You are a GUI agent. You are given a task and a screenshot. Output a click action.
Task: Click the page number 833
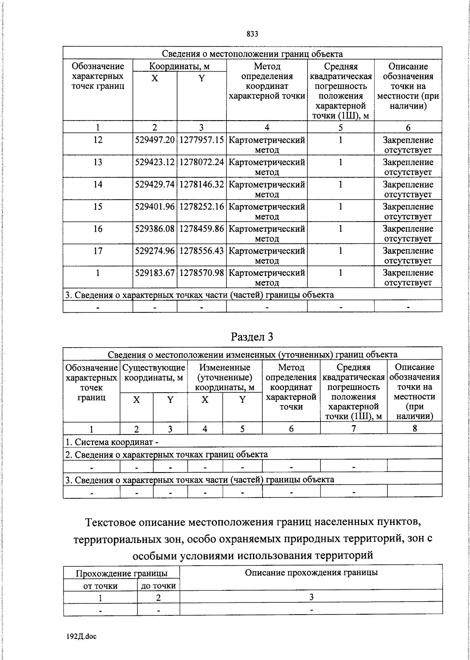pyautogui.click(x=252, y=34)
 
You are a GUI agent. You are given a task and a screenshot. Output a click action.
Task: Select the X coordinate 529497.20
pyautogui.click(x=155, y=140)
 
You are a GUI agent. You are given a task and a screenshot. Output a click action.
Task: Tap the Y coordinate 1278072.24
pyautogui.click(x=202, y=162)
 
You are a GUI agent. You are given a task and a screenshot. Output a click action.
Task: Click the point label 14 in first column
pyautogui.click(x=98, y=184)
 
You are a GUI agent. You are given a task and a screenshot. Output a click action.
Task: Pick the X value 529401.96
pyautogui.click(x=155, y=206)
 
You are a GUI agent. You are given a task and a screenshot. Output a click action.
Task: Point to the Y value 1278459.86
pyautogui.click(x=202, y=229)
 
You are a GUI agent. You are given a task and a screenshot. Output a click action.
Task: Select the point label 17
pyautogui.click(x=98, y=251)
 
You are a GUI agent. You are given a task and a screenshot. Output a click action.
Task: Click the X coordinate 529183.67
pyautogui.click(x=155, y=273)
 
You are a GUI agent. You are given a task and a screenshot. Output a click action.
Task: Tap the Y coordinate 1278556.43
pyautogui.click(x=202, y=251)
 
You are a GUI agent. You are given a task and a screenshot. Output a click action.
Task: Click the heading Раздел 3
pyautogui.click(x=252, y=337)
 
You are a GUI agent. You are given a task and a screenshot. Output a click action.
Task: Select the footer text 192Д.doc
pyautogui.click(x=81, y=637)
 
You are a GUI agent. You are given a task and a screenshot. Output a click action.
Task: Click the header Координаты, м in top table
pyautogui.click(x=179, y=66)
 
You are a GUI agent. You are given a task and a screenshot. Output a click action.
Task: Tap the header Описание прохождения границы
pyautogui.click(x=311, y=573)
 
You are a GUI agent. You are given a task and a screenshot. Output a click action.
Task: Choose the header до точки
pyautogui.click(x=158, y=586)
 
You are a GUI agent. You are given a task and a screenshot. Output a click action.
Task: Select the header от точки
pyautogui.click(x=100, y=586)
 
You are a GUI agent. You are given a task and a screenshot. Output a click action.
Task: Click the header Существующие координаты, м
pyautogui.click(x=154, y=373)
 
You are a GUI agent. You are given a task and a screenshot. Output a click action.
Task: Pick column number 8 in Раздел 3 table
pyautogui.click(x=414, y=428)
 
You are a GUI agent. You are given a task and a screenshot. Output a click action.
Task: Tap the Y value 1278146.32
pyautogui.click(x=202, y=184)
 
